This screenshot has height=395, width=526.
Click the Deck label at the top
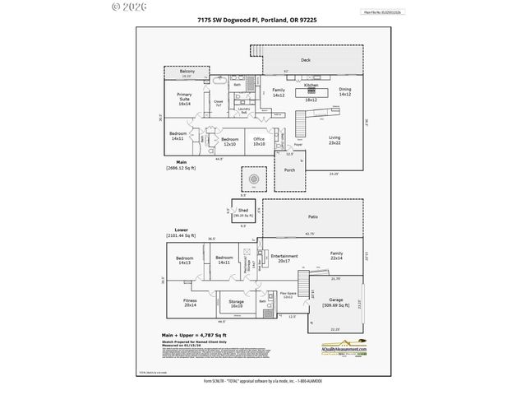pyautogui.click(x=305, y=60)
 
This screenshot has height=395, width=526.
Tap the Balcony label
pyautogui.click(x=187, y=72)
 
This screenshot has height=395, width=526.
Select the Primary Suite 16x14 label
pyautogui.click(x=184, y=99)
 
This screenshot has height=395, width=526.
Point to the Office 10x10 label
pyautogui.click(x=258, y=141)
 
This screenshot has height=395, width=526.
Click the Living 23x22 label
pyautogui.click(x=335, y=140)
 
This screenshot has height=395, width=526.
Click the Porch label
pyautogui.click(x=289, y=170)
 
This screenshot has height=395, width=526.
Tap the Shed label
pyautogui.click(x=242, y=211)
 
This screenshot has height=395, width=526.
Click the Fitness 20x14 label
pyautogui.click(x=190, y=302)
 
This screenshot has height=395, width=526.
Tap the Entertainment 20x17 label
pyautogui.click(x=285, y=258)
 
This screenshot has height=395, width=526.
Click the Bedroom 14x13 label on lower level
pyautogui.click(x=184, y=260)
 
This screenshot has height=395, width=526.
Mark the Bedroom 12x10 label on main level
pyautogui.click(x=229, y=142)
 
